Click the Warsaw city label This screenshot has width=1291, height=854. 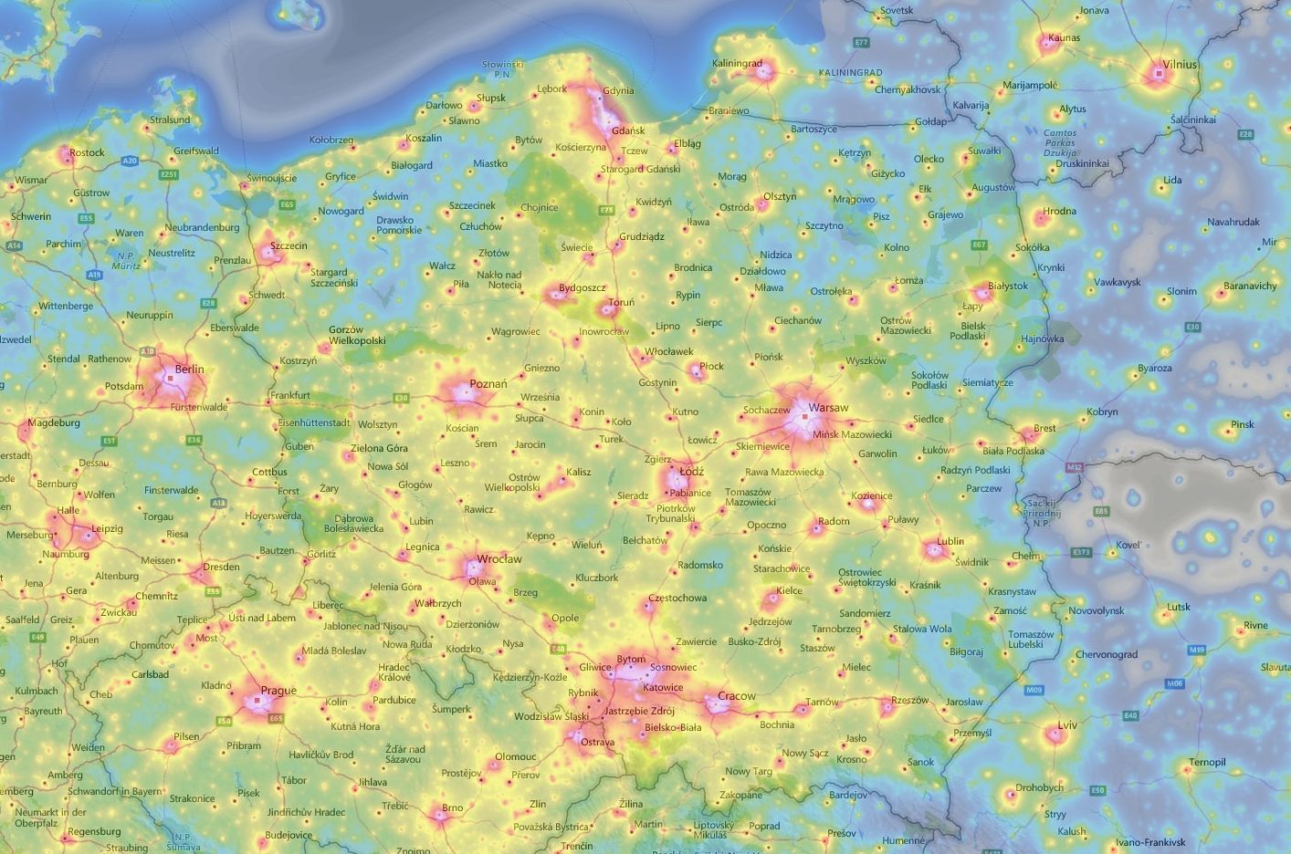pyautogui.click(x=828, y=407)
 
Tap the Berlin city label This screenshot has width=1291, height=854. pyautogui.click(x=189, y=369)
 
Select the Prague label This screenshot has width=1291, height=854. pyautogui.click(x=278, y=691)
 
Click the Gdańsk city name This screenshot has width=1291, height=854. pyautogui.click(x=628, y=130)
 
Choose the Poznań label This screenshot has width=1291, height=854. pyautogui.click(x=488, y=384)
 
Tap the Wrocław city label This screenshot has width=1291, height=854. pyautogui.click(x=499, y=559)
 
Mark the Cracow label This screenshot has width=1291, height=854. pyautogui.click(x=736, y=696)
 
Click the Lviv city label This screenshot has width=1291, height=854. pyautogui.click(x=1067, y=725)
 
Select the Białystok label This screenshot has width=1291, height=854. pyautogui.click(x=1008, y=286)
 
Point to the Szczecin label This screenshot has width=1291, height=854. pyautogui.click(x=289, y=245)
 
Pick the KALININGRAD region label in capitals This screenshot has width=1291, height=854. pyautogui.click(x=850, y=72)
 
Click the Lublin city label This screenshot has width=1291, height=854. pyautogui.click(x=950, y=541)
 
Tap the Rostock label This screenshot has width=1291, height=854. pyautogui.click(x=87, y=152)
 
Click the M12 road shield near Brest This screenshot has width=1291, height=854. pyautogui.click(x=1073, y=467)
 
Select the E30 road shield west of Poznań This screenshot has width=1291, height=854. pyautogui.click(x=400, y=398)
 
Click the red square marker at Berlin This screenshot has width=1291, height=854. pyautogui.click(x=169, y=377)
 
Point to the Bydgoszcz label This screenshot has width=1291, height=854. pyautogui.click(x=582, y=287)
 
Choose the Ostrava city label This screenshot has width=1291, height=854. pyautogui.click(x=598, y=743)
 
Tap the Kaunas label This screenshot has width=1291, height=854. pyautogui.click(x=1064, y=38)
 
